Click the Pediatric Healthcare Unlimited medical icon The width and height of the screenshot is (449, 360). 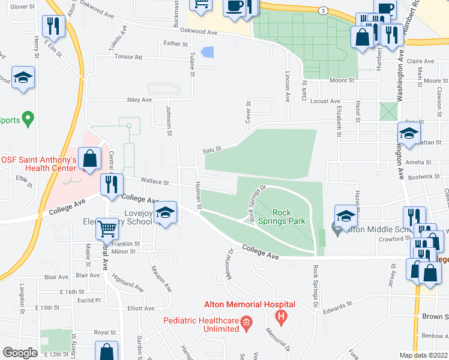(246, 325)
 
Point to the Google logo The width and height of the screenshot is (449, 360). (19, 353)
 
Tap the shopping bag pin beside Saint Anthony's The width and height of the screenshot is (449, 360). (89, 160)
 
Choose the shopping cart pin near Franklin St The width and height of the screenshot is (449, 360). (107, 227)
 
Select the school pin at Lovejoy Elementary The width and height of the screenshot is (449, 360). (165, 212)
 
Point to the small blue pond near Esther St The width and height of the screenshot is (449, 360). (208, 52)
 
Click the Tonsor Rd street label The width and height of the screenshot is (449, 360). (130, 58)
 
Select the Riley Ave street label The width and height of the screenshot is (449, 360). (139, 100)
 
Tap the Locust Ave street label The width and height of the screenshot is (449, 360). (325, 101)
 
